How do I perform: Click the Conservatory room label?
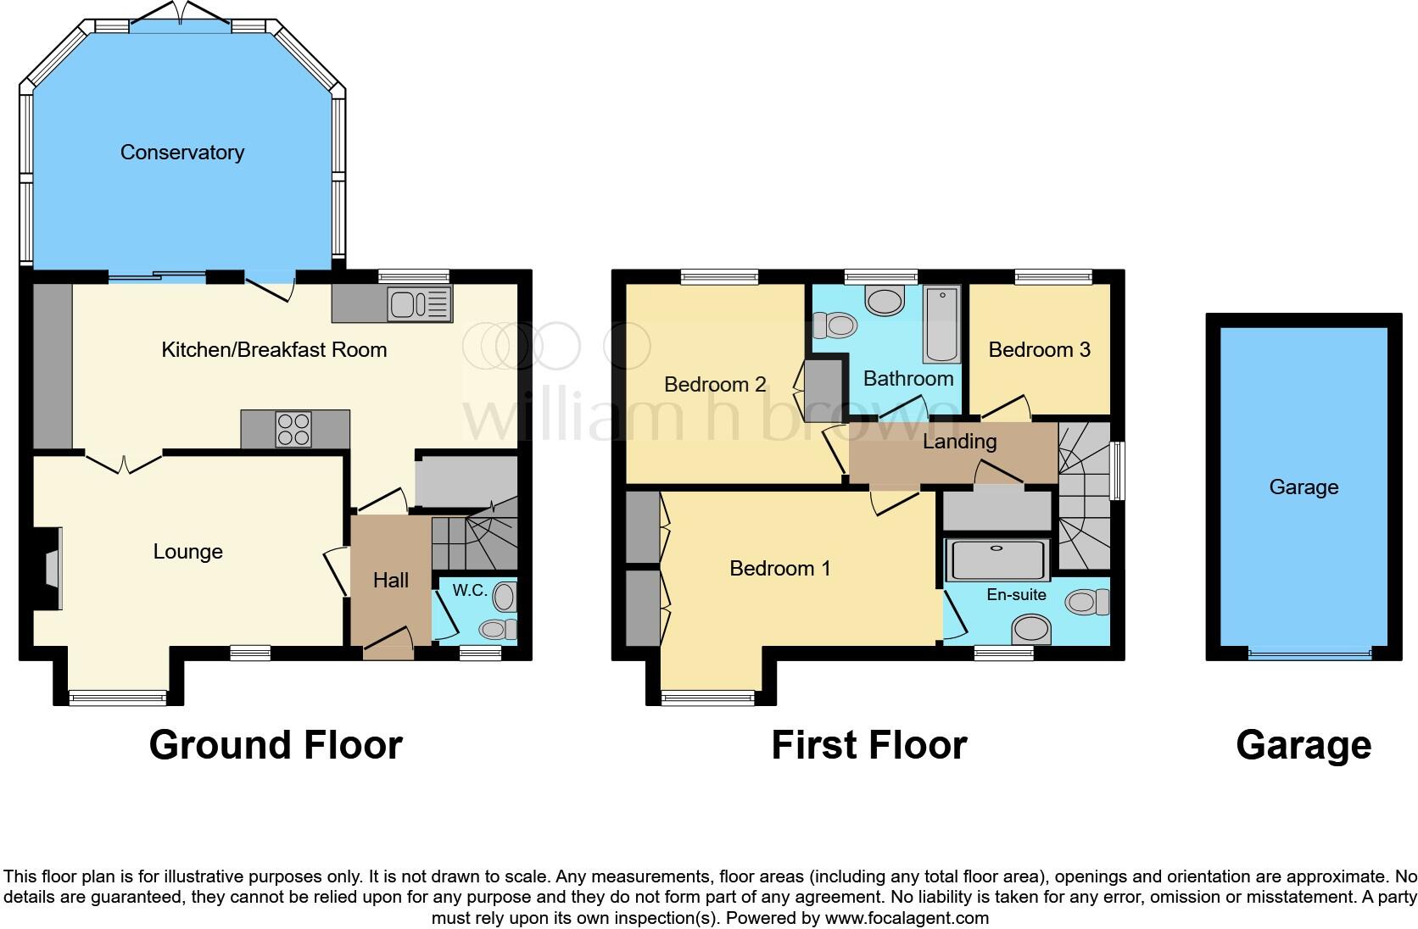(182, 153)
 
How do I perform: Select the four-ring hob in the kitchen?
(294, 429)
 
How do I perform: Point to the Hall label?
(391, 581)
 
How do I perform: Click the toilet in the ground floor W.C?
(498, 629)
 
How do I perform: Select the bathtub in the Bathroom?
(941, 325)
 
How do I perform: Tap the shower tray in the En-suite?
(997, 559)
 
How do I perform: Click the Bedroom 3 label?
(1039, 350)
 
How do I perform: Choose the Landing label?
(959, 442)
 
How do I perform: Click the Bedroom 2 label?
(715, 385)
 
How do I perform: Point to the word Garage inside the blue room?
(1304, 487)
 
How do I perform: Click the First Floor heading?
(868, 746)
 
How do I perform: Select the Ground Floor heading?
(276, 746)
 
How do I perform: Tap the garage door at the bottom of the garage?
(1309, 654)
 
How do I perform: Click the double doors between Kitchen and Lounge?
(124, 463)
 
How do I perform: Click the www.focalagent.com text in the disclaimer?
(906, 918)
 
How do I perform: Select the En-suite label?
(1016, 595)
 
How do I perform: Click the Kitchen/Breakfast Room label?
(274, 350)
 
